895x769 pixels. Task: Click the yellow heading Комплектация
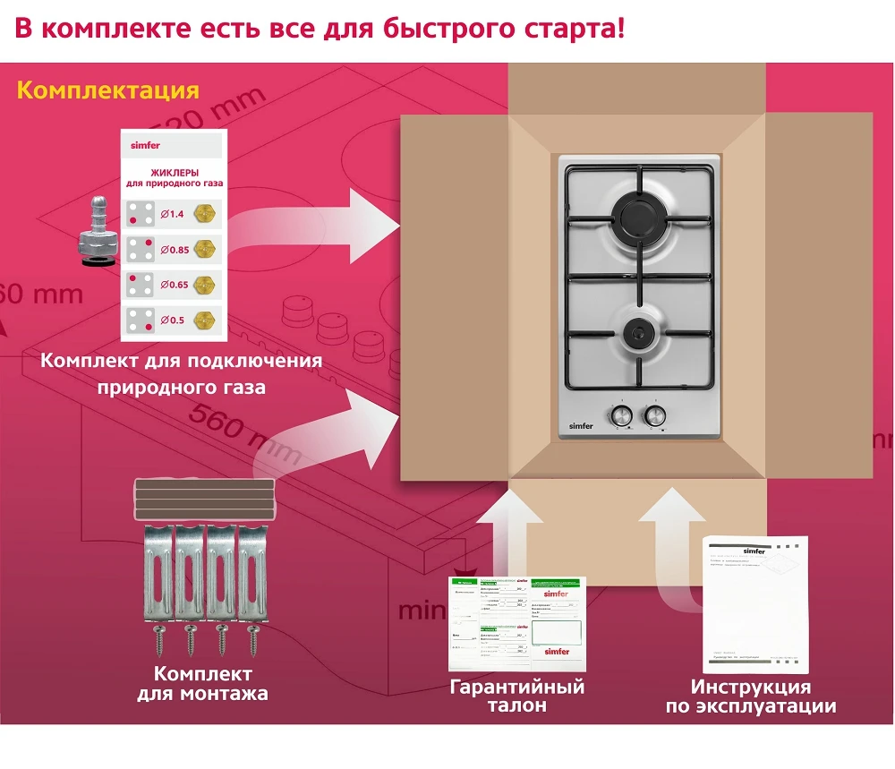[x=107, y=91]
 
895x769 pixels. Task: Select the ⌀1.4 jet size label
[x=171, y=214]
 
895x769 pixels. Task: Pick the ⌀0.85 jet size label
[x=175, y=250]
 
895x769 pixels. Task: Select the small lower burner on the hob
[x=638, y=330]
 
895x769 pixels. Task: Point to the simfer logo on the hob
[x=583, y=423]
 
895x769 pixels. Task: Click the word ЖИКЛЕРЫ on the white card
[x=174, y=173]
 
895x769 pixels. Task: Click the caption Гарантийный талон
[x=517, y=696]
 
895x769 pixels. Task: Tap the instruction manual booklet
[x=755, y=604]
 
